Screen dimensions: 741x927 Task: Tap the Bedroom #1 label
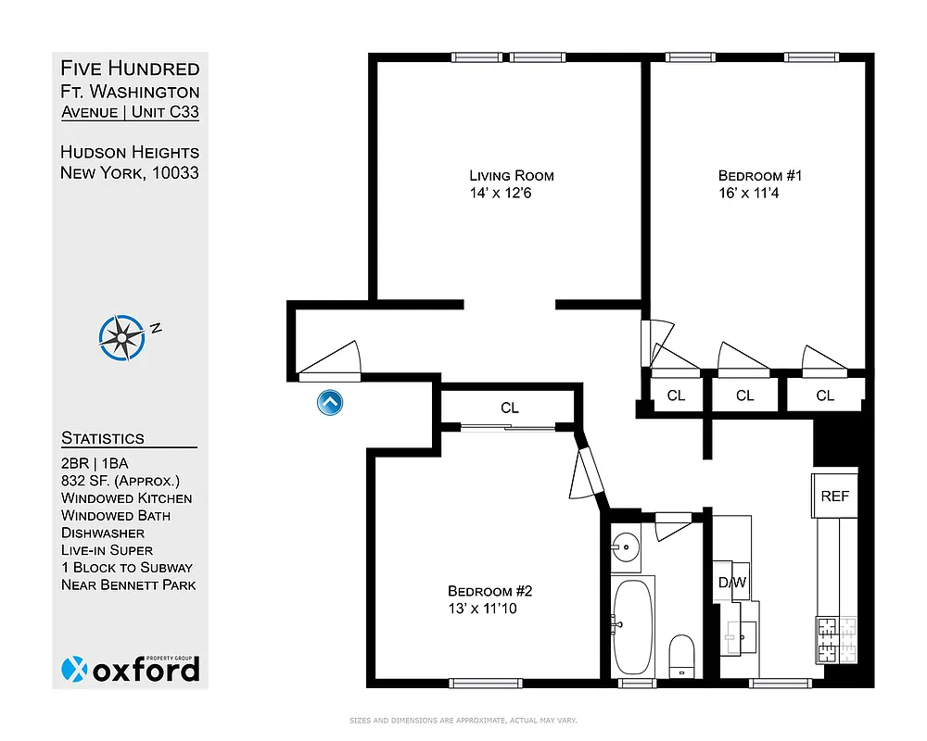(752, 175)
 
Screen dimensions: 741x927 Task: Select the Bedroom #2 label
(488, 591)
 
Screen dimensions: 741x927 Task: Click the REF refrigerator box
(834, 496)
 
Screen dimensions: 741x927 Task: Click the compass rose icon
(122, 337)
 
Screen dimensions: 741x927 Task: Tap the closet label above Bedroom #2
(509, 408)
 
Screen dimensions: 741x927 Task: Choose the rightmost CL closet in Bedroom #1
(825, 396)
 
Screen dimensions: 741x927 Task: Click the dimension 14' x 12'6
(500, 194)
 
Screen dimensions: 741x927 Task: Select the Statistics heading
(103, 438)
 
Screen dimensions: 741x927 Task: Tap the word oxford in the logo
(146, 670)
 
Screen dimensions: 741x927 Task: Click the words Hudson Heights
(130, 152)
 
